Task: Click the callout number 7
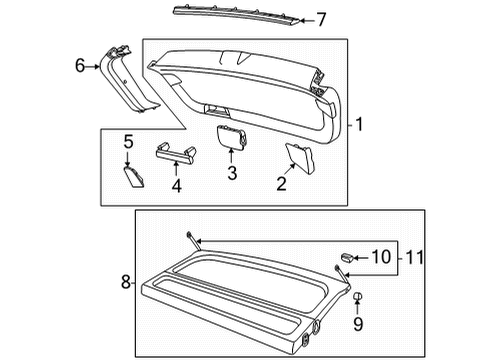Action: pos(321,20)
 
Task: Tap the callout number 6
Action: pos(80,65)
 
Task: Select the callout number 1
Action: pos(359,124)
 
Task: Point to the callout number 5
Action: pos(128,142)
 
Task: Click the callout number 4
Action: pos(177,186)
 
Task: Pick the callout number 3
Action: pos(232,173)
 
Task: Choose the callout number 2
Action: pos(281,184)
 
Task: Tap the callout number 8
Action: pos(126,282)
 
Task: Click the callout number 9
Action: pos(358,324)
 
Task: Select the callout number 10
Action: pos(381,257)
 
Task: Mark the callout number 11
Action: pos(414,257)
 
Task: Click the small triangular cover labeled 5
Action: pos(135,178)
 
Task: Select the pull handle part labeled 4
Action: pos(176,153)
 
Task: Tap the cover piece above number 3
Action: pos(232,136)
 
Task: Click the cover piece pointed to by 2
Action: pos(299,158)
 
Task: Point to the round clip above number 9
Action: pos(357,296)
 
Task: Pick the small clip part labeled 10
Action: pos(347,257)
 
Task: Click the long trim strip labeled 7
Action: pos(236,15)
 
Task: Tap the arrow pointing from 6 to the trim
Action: pos(93,67)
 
